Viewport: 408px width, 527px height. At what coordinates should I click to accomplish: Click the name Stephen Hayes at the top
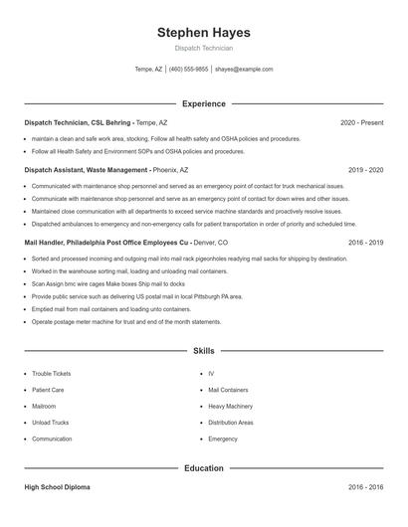[x=203, y=32]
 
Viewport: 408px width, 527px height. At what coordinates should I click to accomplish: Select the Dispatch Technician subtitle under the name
[x=203, y=48]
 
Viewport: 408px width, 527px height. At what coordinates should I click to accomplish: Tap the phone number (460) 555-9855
[x=189, y=70]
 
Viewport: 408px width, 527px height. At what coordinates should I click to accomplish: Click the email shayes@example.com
[x=244, y=70]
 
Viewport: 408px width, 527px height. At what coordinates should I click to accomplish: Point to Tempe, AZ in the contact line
[x=148, y=70]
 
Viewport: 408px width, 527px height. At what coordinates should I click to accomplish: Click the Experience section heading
[x=203, y=103]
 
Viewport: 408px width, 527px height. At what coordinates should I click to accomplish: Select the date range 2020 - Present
[x=361, y=122]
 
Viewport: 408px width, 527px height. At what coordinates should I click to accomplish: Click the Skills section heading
[x=203, y=351]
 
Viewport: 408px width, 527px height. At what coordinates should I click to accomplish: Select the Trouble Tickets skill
[x=52, y=374]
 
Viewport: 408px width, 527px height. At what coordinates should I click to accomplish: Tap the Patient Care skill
[x=48, y=390]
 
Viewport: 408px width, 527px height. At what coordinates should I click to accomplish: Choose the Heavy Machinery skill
[x=231, y=407]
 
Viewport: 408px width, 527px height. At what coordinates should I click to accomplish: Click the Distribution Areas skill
[x=231, y=423]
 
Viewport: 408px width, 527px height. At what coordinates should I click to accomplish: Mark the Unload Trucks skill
[x=51, y=423]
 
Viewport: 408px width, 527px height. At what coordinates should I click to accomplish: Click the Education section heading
[x=203, y=468]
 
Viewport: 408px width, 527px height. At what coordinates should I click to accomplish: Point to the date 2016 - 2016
[x=365, y=488]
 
